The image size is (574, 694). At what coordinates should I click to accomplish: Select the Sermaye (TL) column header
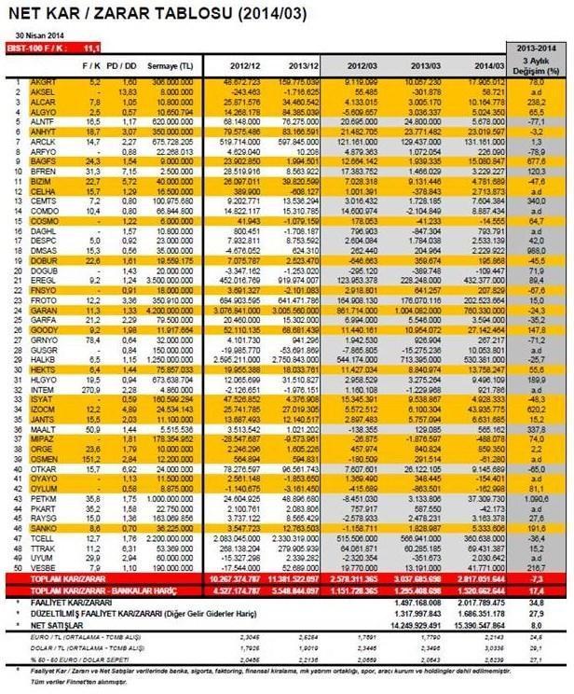174,65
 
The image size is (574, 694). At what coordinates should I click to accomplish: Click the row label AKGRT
42,82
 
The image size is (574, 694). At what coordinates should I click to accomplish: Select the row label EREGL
42,279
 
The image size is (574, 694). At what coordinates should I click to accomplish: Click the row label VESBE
42,566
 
